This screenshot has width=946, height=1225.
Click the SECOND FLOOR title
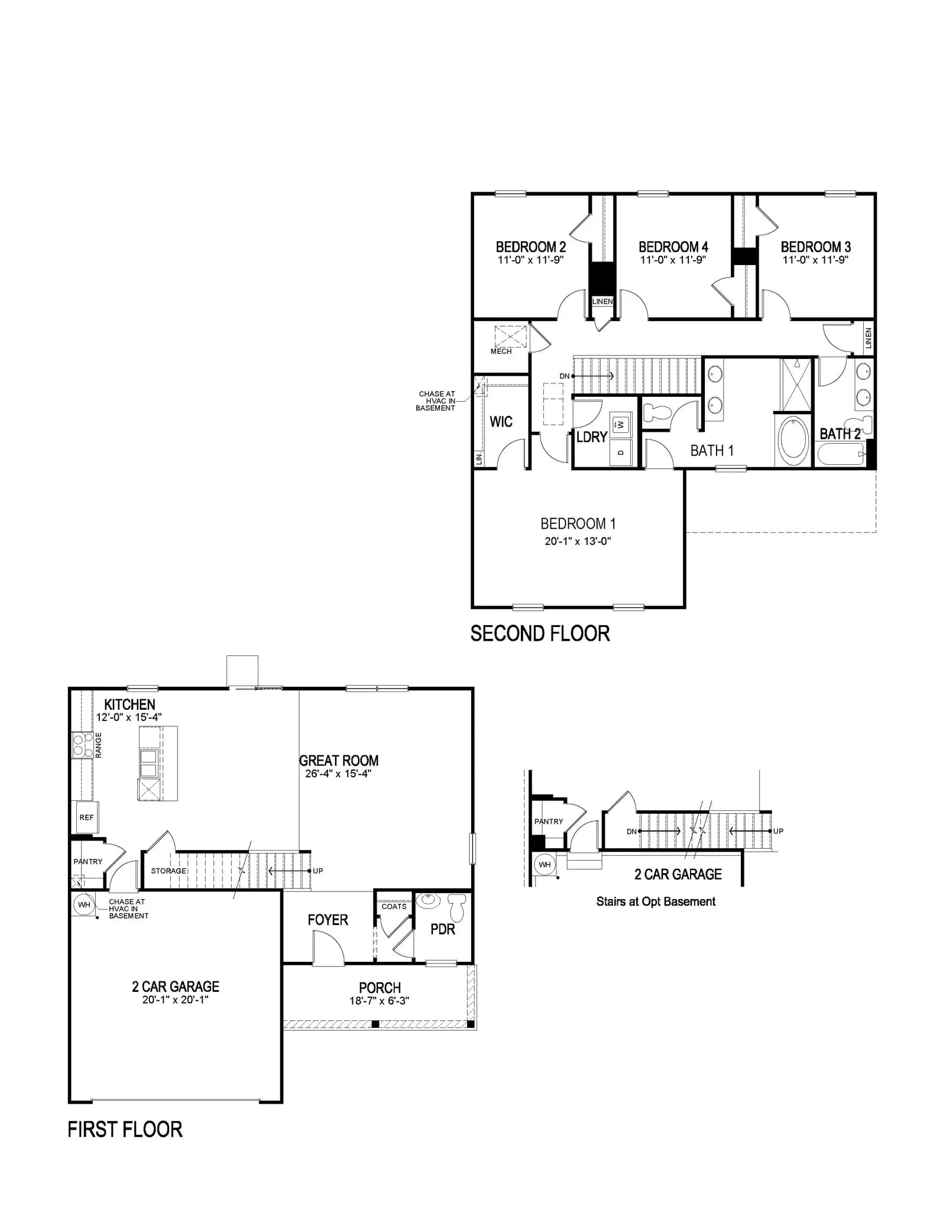[540, 633]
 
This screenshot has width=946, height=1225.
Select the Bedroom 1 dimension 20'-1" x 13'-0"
[578, 541]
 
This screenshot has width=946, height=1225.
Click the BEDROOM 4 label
[673, 247]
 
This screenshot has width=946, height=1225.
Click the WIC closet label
[501, 422]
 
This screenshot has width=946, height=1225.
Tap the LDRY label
[592, 437]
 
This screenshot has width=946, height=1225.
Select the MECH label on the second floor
[501, 351]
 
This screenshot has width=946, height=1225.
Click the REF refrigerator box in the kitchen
[86, 817]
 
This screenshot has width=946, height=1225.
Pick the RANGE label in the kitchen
[99, 745]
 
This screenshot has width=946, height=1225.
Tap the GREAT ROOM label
[339, 761]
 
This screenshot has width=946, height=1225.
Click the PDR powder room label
[443, 929]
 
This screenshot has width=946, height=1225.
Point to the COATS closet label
[394, 906]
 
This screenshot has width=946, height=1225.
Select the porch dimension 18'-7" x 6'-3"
[380, 1001]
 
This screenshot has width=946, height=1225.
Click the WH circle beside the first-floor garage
[84, 904]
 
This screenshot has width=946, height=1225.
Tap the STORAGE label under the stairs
[169, 871]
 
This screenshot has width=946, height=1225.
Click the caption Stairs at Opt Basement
[656, 901]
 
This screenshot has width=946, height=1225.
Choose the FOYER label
[328, 920]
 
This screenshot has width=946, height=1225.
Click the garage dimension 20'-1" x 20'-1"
[175, 1000]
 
